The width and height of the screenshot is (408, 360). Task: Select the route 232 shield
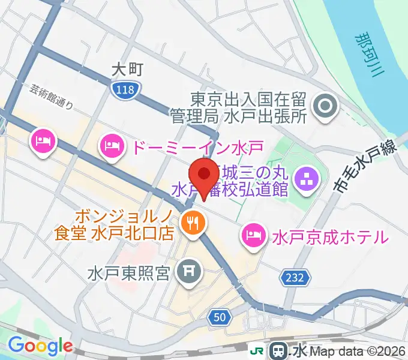pyautogui.click(x=294, y=277)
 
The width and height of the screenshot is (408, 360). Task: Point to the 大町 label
pyautogui.click(x=127, y=70)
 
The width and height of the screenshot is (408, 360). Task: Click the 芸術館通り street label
pyautogui.click(x=52, y=96)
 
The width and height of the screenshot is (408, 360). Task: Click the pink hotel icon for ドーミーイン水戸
pyautogui.click(x=112, y=146)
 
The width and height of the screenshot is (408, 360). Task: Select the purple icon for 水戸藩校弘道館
pyautogui.click(x=307, y=178)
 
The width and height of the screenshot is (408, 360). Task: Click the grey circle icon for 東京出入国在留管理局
pyautogui.click(x=326, y=107)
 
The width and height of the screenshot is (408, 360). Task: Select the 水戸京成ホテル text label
pyautogui.click(x=329, y=236)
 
